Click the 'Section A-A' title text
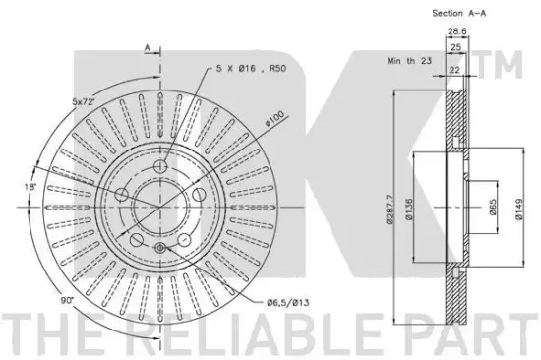[459, 14]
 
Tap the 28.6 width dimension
[456, 31]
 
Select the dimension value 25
[455, 47]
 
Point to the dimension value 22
[454, 70]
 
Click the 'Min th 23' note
[409, 61]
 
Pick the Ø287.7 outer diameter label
[390, 210]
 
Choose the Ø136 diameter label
[409, 210]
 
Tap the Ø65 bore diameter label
[493, 207]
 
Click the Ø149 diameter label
[519, 210]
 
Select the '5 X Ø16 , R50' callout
[252, 68]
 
